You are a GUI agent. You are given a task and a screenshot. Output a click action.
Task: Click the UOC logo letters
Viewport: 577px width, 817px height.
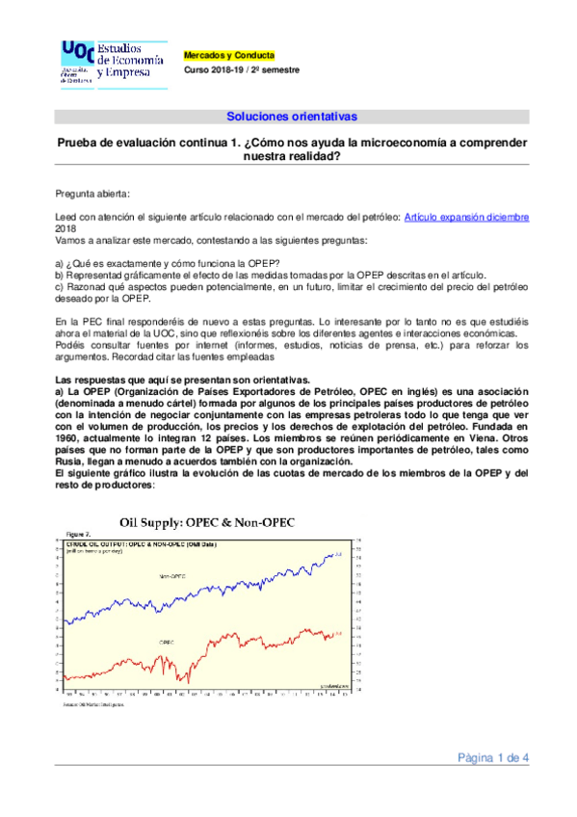point(78,51)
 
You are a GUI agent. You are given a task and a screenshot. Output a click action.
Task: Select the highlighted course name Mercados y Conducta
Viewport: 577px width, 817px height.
point(229,56)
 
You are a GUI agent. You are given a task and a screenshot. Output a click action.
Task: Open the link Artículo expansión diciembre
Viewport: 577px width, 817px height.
point(466,218)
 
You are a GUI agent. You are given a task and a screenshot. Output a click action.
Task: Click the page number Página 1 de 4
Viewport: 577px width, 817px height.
point(493,757)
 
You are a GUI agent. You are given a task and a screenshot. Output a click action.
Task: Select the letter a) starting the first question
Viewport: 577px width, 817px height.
point(60,264)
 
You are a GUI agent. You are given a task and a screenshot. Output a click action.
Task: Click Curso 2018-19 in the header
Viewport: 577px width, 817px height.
point(218,70)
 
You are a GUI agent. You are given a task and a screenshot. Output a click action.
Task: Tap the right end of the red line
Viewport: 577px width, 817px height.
point(333,634)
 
